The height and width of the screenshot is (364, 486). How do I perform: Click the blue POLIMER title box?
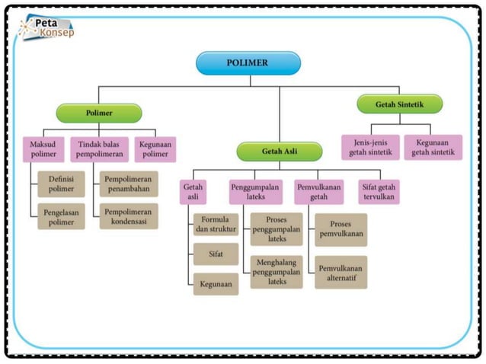pos(248,63)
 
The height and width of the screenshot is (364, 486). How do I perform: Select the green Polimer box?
pos(99,113)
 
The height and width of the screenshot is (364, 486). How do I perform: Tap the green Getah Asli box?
pos(280,152)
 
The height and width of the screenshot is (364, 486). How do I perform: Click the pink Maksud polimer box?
pos(44,149)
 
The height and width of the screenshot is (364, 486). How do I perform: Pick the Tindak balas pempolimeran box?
pos(99,149)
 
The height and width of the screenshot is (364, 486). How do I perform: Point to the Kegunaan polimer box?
pos(155,149)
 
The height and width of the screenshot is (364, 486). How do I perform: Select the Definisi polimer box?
pos(60,183)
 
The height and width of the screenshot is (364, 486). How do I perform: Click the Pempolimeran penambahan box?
pos(129,183)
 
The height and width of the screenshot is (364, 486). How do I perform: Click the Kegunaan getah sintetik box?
pos(433,147)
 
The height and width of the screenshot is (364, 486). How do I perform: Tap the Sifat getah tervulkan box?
pos(379,192)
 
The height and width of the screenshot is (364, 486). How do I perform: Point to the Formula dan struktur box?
pos(216,225)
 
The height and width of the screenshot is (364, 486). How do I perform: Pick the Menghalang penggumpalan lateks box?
pos(277,271)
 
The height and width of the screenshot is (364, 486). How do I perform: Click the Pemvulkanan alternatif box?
pos(341,271)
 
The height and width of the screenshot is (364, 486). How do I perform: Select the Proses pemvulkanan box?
pos(341,229)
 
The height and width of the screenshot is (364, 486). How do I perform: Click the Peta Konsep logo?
pos(47,28)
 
